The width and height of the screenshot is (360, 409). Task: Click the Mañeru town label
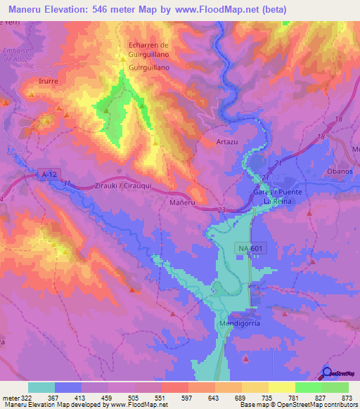(182, 202)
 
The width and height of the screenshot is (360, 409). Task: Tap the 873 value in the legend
(345, 397)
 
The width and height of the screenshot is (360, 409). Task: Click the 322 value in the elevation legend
(25, 397)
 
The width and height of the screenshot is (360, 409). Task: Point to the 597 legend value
(186, 397)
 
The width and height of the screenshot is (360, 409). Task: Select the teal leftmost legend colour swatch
(41, 387)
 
